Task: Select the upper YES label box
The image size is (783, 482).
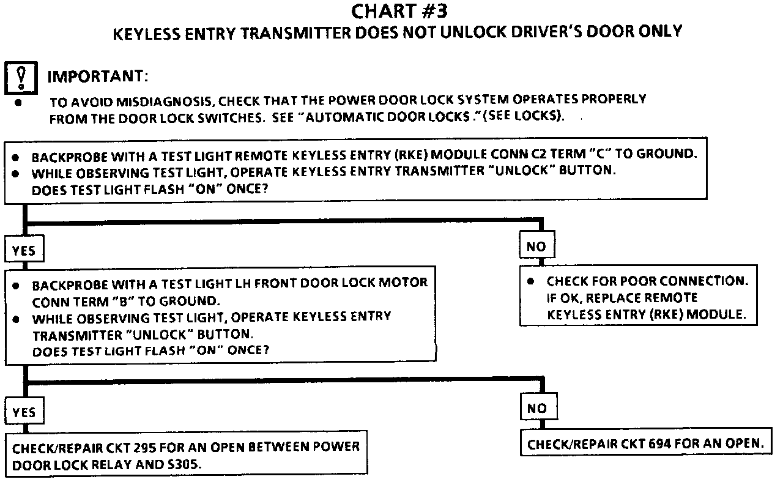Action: [x=23, y=251]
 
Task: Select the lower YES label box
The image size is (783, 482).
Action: [x=23, y=413]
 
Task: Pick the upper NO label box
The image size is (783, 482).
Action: [x=536, y=247]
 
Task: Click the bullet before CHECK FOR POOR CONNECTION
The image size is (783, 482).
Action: [x=531, y=281]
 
